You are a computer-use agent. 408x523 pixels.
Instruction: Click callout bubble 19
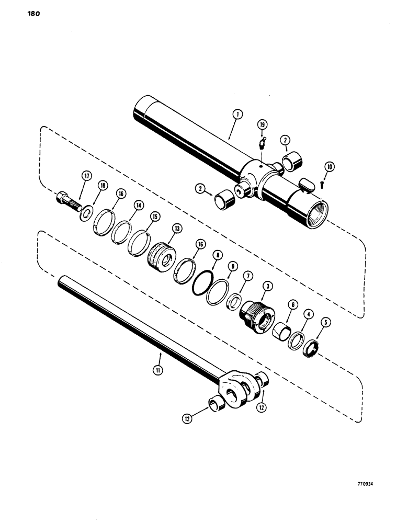[261, 124]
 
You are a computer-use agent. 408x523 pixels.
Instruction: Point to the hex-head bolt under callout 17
[65, 199]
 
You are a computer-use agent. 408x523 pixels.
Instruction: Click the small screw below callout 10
[323, 184]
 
